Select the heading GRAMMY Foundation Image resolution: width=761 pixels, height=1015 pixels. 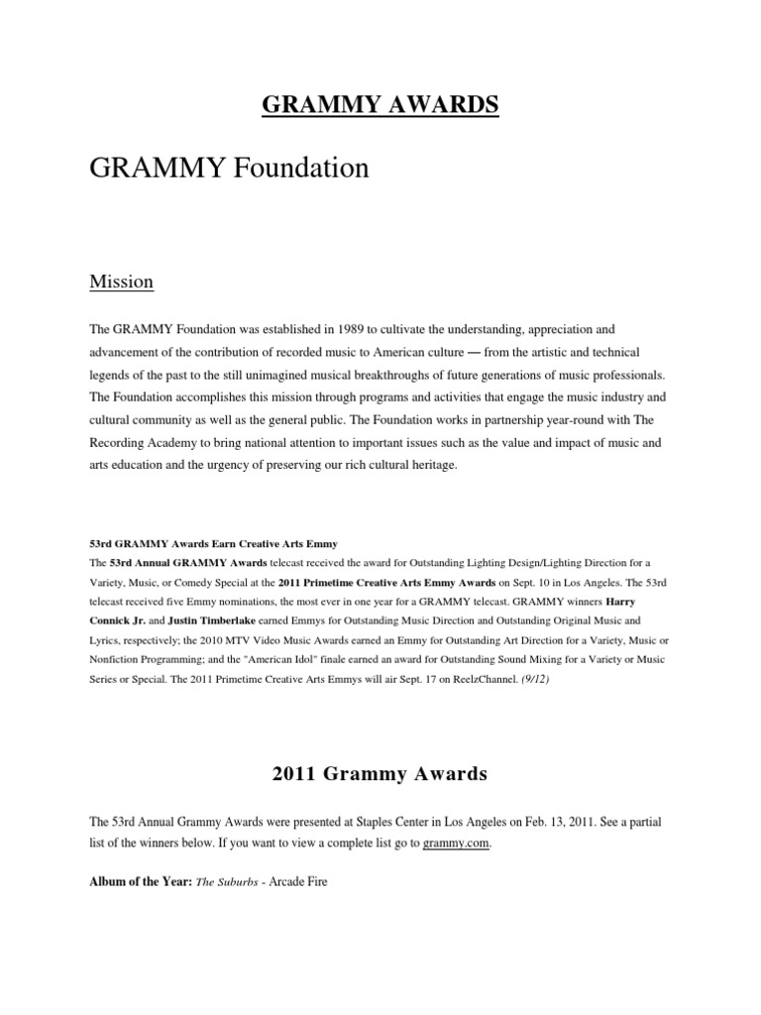[x=228, y=169]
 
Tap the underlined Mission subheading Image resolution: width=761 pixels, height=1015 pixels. [x=121, y=282]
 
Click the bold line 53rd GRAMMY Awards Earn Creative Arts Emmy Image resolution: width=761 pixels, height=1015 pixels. [x=213, y=543]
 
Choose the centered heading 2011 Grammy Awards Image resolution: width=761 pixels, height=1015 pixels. [x=380, y=775]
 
